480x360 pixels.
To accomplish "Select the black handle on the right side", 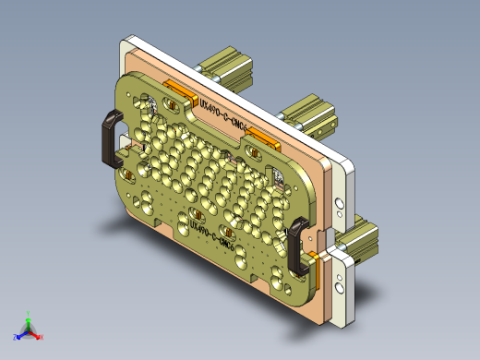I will [x=296, y=247].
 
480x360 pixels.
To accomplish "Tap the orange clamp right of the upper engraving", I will [x=262, y=139].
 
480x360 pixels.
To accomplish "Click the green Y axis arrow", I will [x=30, y=318].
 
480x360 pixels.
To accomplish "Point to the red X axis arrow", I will [x=36, y=334].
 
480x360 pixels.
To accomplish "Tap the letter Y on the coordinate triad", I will [x=30, y=312].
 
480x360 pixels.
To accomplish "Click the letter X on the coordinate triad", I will [x=42, y=338].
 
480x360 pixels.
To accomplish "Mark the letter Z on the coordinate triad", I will [x=16, y=338].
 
